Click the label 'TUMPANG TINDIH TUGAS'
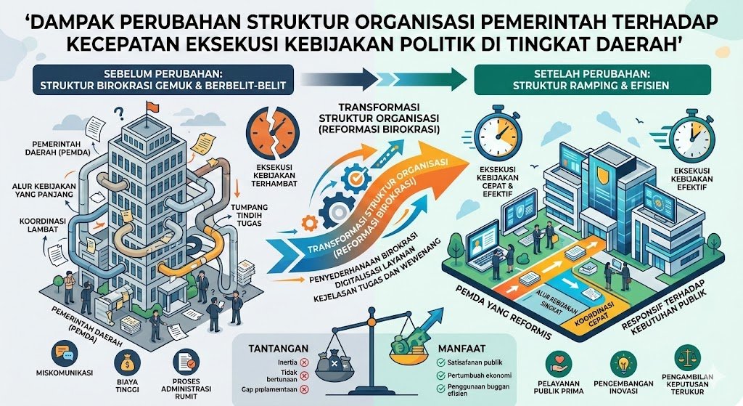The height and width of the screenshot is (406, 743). (250, 216)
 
